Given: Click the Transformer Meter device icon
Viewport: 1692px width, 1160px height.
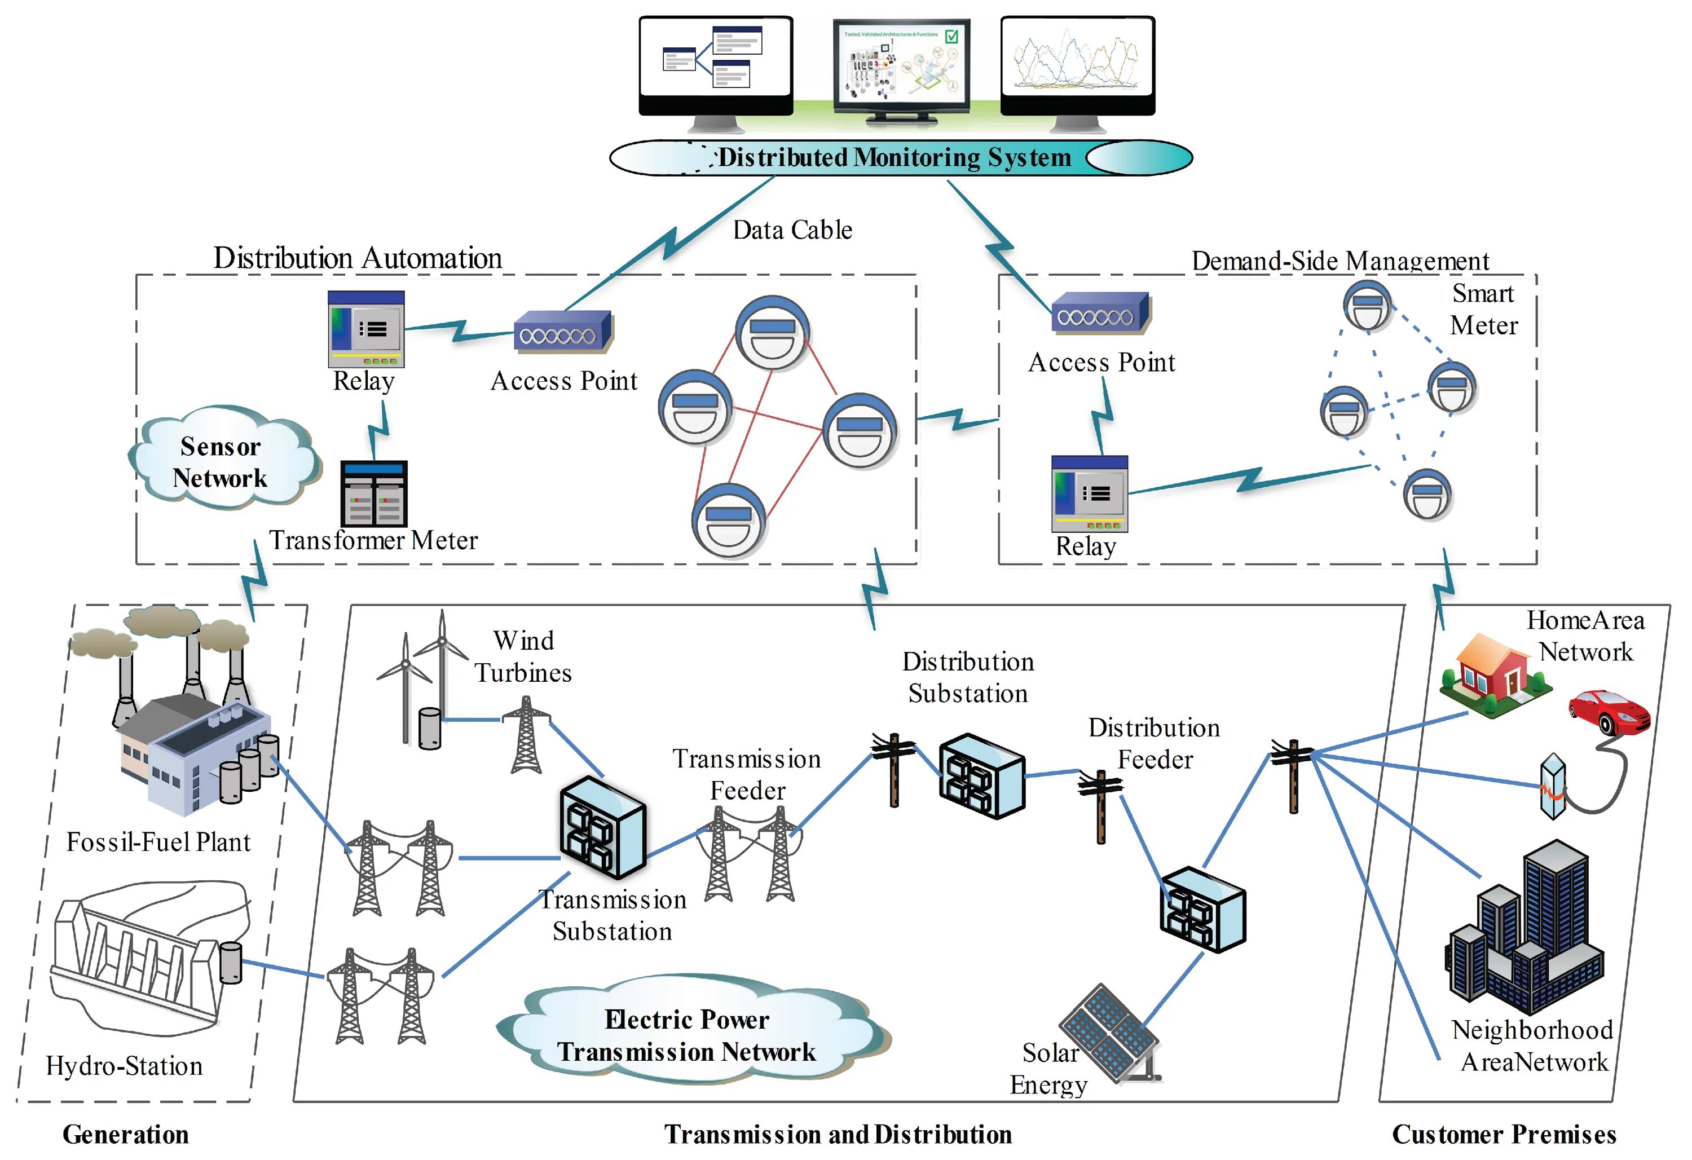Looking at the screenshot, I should click(374, 493).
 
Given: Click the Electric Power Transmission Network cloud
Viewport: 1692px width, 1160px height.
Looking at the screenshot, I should click(688, 1034).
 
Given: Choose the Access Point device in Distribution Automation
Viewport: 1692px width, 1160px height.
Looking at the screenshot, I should click(563, 333).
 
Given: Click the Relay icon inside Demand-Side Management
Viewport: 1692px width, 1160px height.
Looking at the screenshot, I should click(1089, 493).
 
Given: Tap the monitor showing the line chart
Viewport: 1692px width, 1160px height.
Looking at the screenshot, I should click(1077, 65).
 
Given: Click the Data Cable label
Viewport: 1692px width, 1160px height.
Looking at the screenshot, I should click(792, 230).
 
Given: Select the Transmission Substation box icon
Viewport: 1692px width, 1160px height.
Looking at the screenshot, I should click(603, 828).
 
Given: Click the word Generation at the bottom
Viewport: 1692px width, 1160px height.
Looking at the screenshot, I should click(125, 1134).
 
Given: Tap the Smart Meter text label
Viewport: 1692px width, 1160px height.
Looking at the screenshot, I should click(1483, 310).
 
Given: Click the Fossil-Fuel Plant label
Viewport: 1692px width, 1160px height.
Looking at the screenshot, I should click(158, 842).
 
